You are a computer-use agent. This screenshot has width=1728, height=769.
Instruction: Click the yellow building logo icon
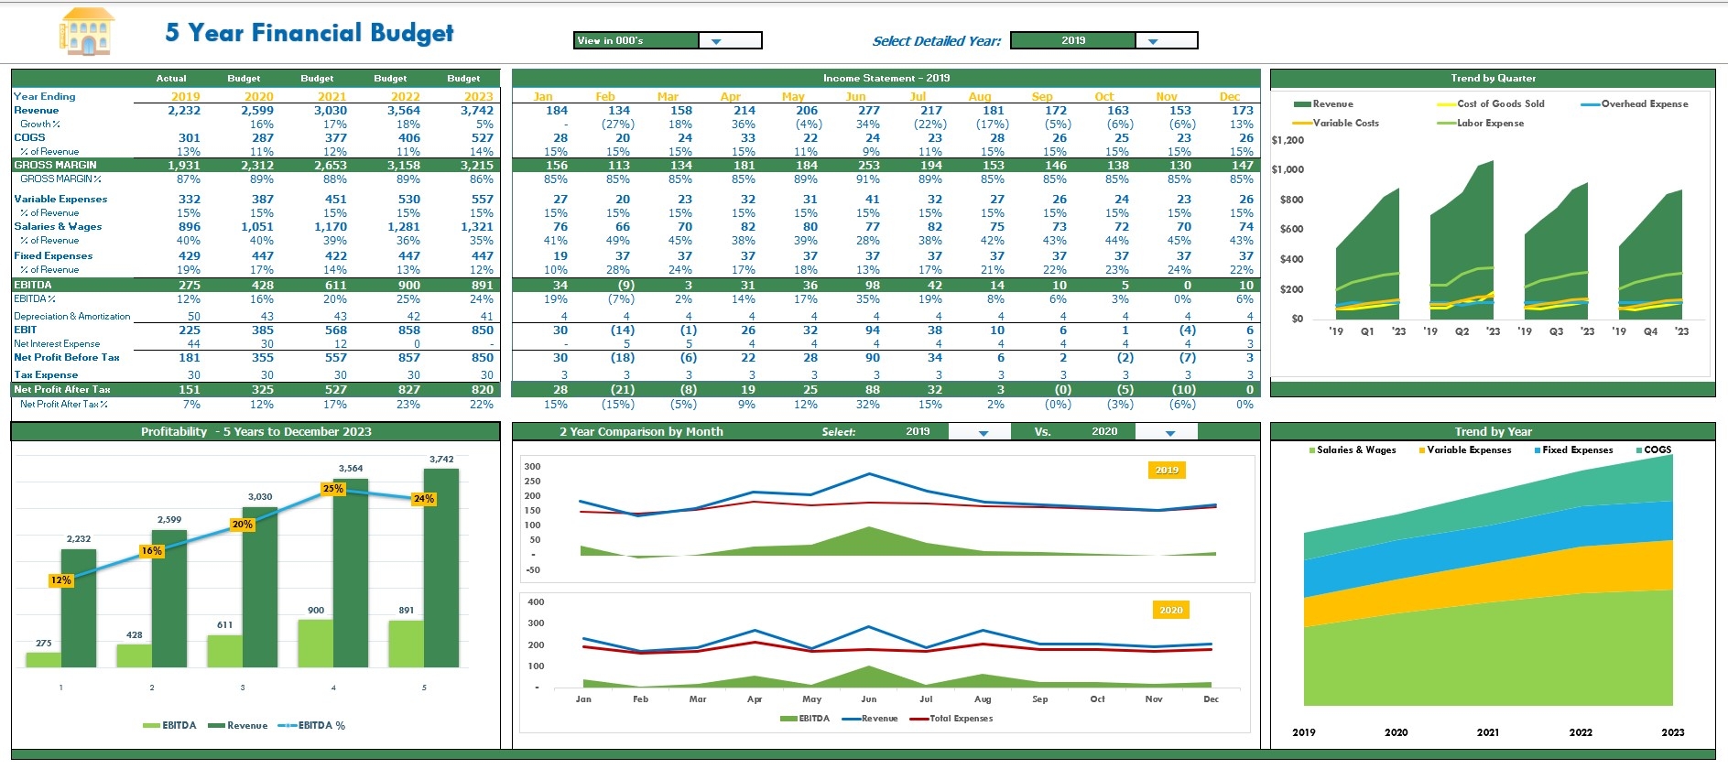point(87,32)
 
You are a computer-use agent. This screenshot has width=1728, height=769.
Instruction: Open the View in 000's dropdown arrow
point(716,40)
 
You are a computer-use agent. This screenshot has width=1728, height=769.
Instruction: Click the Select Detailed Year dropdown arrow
point(1152,40)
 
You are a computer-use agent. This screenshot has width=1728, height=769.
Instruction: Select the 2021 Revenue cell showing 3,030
point(331,111)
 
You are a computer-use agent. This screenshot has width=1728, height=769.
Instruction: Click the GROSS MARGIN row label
point(55,166)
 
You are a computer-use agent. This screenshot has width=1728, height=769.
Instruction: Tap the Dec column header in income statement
point(1229,96)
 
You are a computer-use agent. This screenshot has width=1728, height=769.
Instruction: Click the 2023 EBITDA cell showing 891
point(482,286)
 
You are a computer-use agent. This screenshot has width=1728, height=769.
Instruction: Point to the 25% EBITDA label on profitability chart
point(332,489)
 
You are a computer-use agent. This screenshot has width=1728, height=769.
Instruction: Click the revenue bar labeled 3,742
point(440,568)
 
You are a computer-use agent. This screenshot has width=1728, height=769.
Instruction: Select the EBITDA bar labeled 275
point(43,659)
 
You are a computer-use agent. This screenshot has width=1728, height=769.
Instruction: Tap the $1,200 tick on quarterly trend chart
point(1288,140)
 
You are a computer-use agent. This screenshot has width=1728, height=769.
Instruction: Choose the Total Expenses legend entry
point(960,719)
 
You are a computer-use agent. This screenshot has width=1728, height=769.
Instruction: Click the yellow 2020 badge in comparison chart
point(1170,610)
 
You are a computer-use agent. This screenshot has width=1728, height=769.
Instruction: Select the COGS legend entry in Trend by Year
point(1657,449)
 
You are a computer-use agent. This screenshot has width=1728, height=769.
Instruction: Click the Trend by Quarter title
point(1493,78)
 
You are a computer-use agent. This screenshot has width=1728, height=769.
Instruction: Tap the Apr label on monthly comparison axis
point(754,699)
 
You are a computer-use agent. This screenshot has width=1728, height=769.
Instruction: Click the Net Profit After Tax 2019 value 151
point(190,390)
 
